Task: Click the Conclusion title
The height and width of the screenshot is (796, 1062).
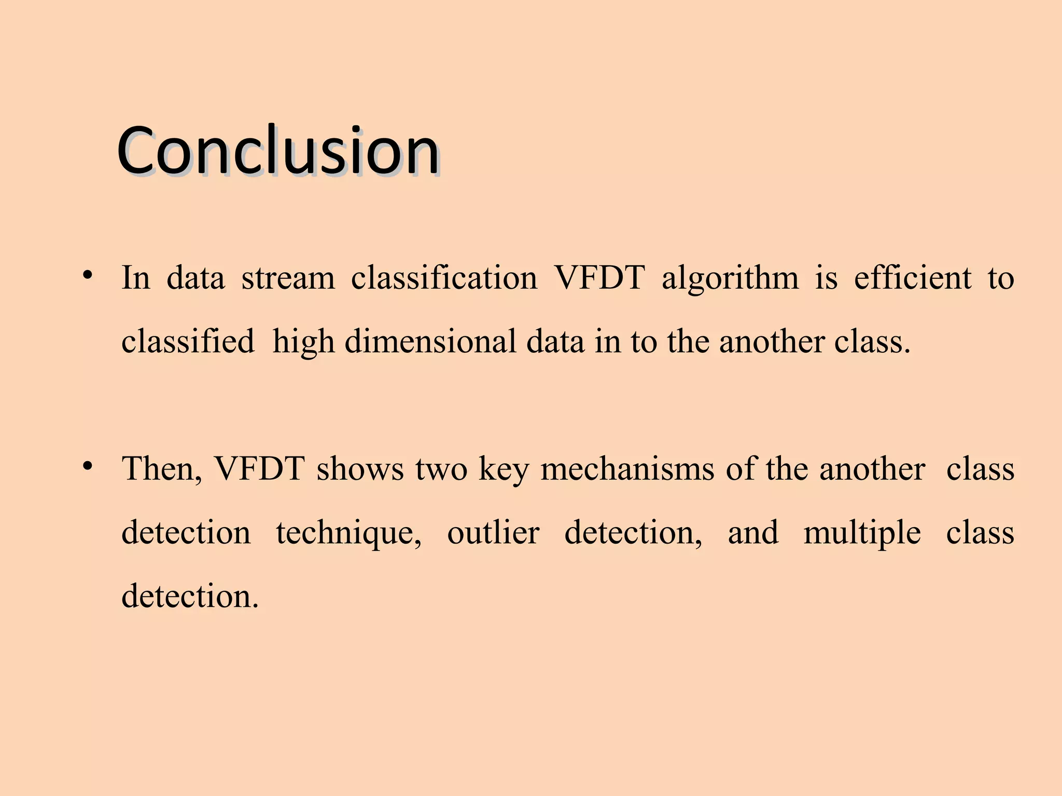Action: point(278,151)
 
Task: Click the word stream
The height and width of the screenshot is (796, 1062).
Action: point(288,278)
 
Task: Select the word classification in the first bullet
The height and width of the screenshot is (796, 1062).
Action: point(444,278)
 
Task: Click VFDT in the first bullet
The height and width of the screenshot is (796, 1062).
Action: point(599,278)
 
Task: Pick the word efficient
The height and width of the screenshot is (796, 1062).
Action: point(912,278)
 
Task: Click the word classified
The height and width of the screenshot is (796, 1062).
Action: point(188,342)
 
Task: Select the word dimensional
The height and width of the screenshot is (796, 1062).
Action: point(430,342)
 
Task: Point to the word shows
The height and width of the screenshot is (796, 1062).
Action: point(360,470)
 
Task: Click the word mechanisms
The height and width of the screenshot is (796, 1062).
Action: point(627,470)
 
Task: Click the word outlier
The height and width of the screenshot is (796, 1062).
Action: point(493,533)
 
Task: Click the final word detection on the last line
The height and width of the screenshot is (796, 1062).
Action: point(189,596)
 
